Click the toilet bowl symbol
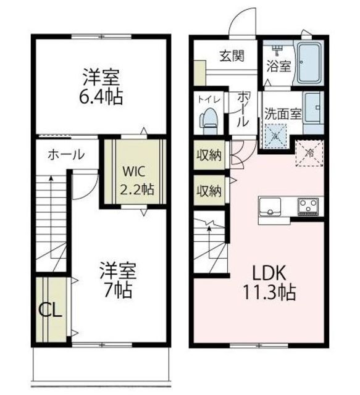tap(209, 121)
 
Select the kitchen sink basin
tap(270, 207)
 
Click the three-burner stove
tap(308, 207)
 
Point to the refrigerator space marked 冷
tap(309, 153)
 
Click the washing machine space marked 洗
tap(275, 136)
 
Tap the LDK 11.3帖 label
tap(269, 283)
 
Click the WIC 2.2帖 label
tap(136, 180)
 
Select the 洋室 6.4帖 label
tap(101, 87)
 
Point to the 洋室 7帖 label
tap(118, 280)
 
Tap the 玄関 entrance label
tap(232, 56)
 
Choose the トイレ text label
tap(209, 99)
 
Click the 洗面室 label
tap(283, 114)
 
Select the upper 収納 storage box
tap(209, 155)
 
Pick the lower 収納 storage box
tap(209, 191)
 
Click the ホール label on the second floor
tap(66, 154)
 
